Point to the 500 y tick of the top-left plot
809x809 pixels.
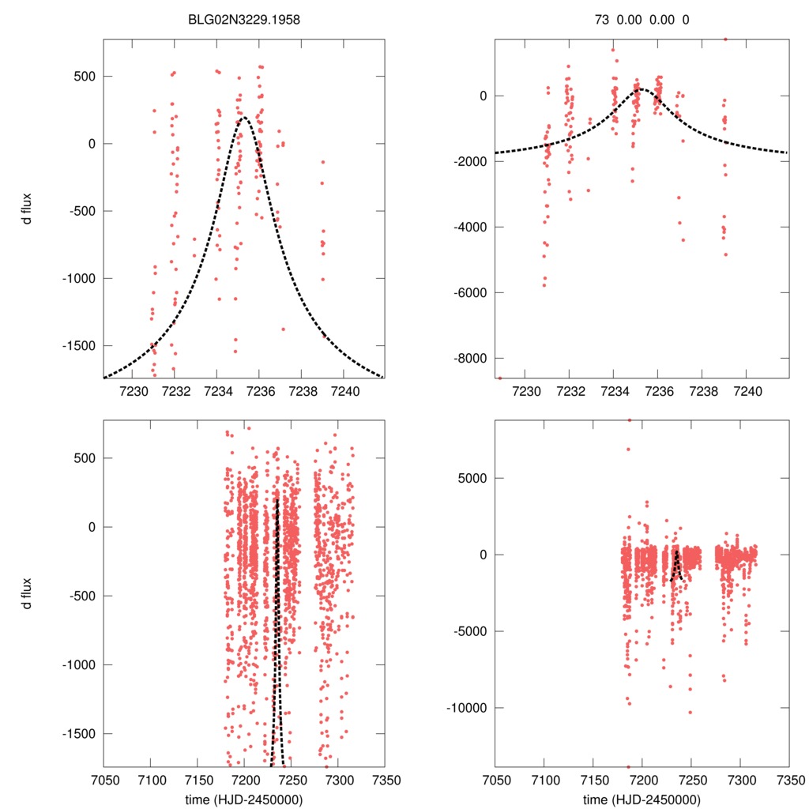tap(85, 77)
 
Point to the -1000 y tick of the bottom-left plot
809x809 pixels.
tap(80, 664)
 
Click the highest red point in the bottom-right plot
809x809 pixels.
tap(630, 420)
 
